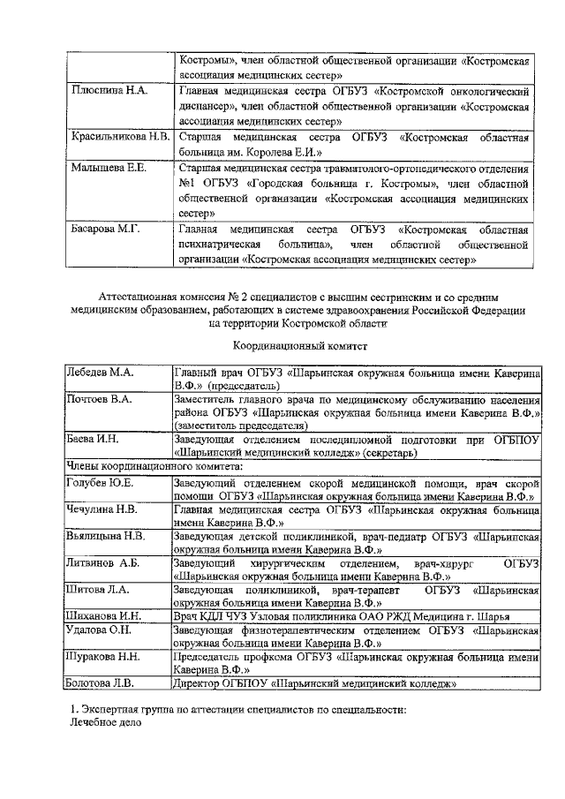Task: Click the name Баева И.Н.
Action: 93,439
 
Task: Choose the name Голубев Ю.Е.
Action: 101,482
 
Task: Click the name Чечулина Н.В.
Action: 102,509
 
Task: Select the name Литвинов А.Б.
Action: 104,562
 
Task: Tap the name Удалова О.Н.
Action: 101,630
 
